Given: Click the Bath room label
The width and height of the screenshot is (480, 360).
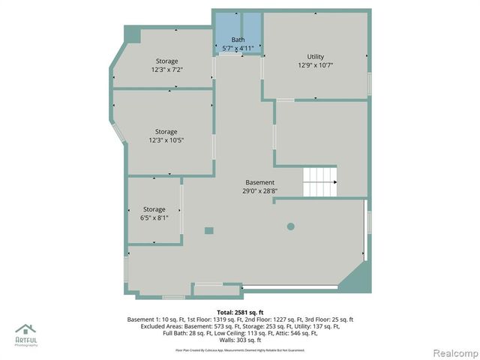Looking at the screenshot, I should [238, 40].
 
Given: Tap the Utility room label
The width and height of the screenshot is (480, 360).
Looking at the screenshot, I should [315, 57].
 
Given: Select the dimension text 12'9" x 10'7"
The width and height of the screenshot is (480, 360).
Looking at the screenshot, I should [315, 65].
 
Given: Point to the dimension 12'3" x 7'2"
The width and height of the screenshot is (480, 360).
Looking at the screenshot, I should [166, 70].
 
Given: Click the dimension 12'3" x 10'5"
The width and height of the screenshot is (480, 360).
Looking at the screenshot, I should [166, 139].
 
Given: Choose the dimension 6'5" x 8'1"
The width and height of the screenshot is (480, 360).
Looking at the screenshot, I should [154, 217].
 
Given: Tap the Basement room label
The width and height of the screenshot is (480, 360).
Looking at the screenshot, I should [260, 182].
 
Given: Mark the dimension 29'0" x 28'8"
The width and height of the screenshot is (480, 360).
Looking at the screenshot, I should [260, 190].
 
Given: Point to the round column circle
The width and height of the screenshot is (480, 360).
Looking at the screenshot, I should [291, 226].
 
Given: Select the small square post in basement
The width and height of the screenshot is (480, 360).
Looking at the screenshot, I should [209, 230].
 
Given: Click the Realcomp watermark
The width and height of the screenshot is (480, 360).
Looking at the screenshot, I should [453, 352].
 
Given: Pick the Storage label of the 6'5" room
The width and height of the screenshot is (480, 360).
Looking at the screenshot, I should [154, 209].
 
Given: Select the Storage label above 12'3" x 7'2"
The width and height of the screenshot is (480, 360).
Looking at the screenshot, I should [166, 61].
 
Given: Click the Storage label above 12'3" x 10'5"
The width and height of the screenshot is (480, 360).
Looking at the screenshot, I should [166, 131].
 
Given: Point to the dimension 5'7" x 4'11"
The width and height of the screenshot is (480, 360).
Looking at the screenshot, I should [238, 48].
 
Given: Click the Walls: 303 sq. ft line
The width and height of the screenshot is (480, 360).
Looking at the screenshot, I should [240, 340].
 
